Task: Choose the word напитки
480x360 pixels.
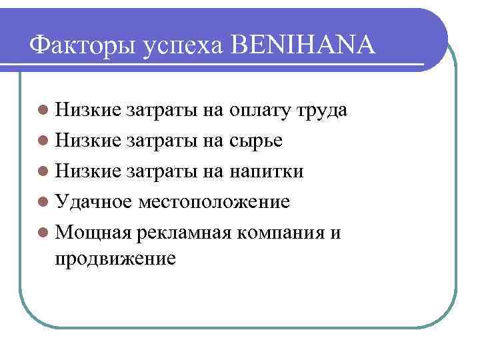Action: pyautogui.click(x=267, y=171)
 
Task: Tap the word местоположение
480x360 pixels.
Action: pyautogui.click(x=214, y=201)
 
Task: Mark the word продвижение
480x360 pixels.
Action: pyautogui.click(x=116, y=257)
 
